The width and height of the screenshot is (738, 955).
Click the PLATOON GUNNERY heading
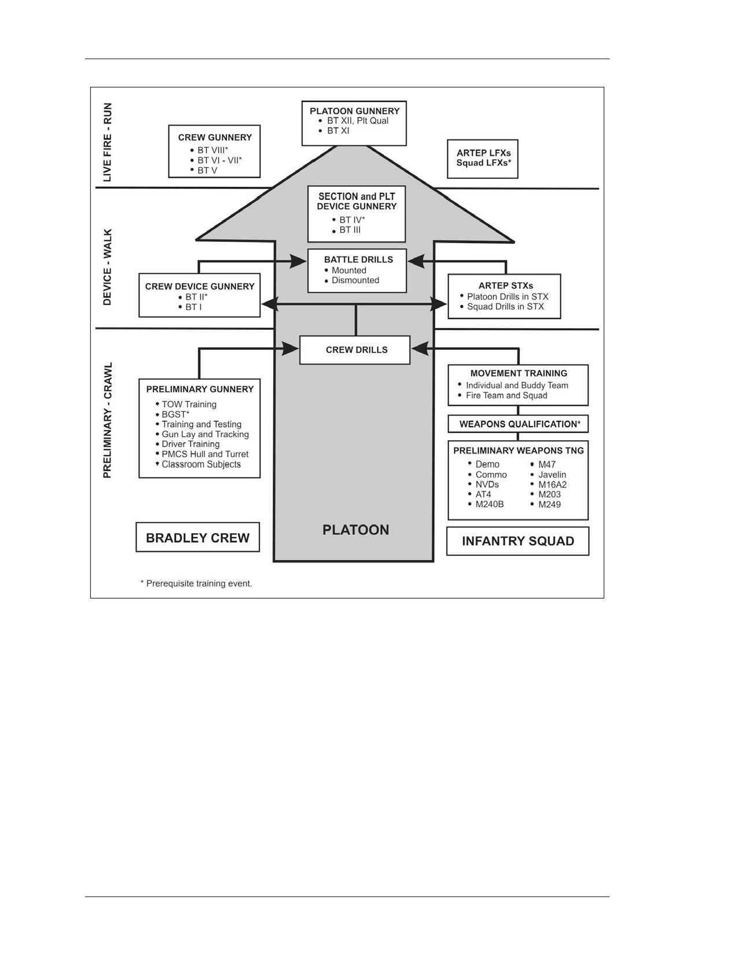coord(354,111)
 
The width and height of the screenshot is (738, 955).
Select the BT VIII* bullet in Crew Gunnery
coord(209,150)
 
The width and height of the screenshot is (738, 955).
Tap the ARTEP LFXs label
coord(483,153)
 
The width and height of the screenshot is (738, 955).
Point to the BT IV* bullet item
coord(348,220)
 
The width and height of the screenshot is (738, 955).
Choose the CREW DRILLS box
coord(355,350)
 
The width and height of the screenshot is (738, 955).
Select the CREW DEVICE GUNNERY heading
coord(200,286)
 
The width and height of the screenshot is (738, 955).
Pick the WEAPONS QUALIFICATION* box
coord(518,424)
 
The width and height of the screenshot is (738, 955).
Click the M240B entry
coord(486,505)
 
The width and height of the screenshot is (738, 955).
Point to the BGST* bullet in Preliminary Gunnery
coord(172,414)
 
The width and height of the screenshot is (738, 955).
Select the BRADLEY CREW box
coord(198,537)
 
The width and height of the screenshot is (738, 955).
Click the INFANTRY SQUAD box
coord(518,541)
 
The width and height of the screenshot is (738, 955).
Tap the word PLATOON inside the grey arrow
coord(355,530)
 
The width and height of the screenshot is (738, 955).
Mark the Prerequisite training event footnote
coord(196,583)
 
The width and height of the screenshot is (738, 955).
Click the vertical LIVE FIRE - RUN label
coord(107,142)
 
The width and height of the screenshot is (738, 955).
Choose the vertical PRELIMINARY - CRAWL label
coord(107,420)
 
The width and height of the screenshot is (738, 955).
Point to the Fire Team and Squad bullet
coord(502,395)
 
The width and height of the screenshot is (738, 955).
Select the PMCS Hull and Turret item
coord(202,454)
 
